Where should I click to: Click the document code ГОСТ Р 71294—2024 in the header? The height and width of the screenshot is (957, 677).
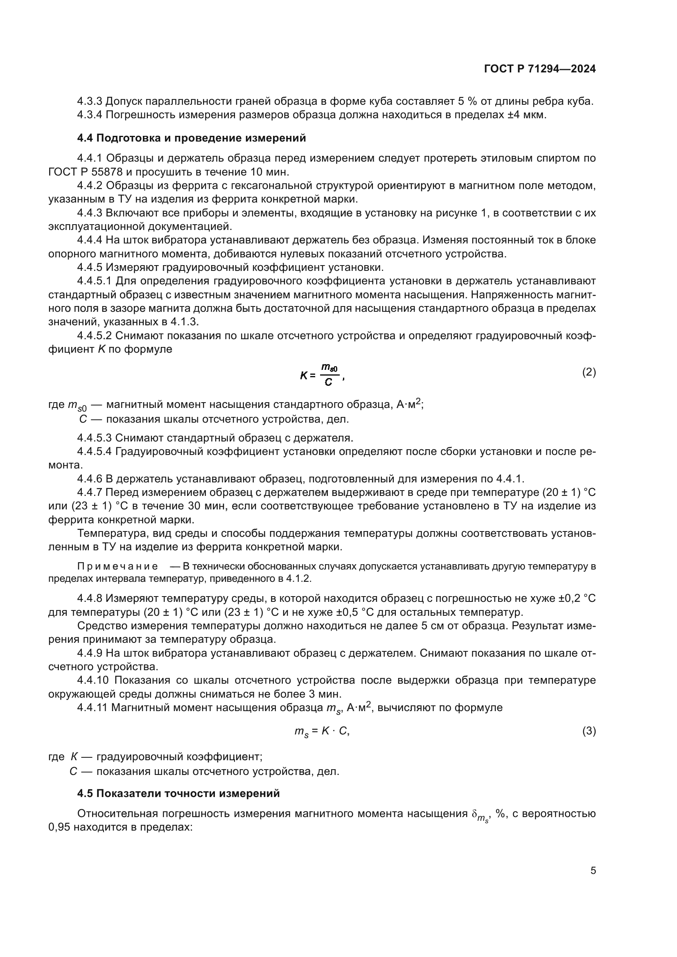[x=540, y=69]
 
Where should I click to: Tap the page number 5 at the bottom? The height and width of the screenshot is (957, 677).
[x=593, y=870]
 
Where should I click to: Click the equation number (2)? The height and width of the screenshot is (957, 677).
[x=589, y=372]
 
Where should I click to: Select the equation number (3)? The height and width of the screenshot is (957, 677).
[x=589, y=731]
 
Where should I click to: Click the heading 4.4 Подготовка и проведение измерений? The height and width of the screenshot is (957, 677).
[x=191, y=138]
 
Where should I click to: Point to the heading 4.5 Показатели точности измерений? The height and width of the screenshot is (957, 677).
[x=178, y=794]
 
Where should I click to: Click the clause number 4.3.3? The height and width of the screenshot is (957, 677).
[x=89, y=101]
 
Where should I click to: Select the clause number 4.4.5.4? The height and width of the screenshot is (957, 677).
[x=94, y=452]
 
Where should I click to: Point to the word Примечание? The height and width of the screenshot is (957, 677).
[x=117, y=566]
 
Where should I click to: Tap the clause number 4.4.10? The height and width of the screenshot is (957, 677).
[x=92, y=680]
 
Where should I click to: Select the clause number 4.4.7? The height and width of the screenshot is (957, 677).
[x=89, y=493]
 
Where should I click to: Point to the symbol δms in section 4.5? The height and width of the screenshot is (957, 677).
[x=480, y=815]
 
